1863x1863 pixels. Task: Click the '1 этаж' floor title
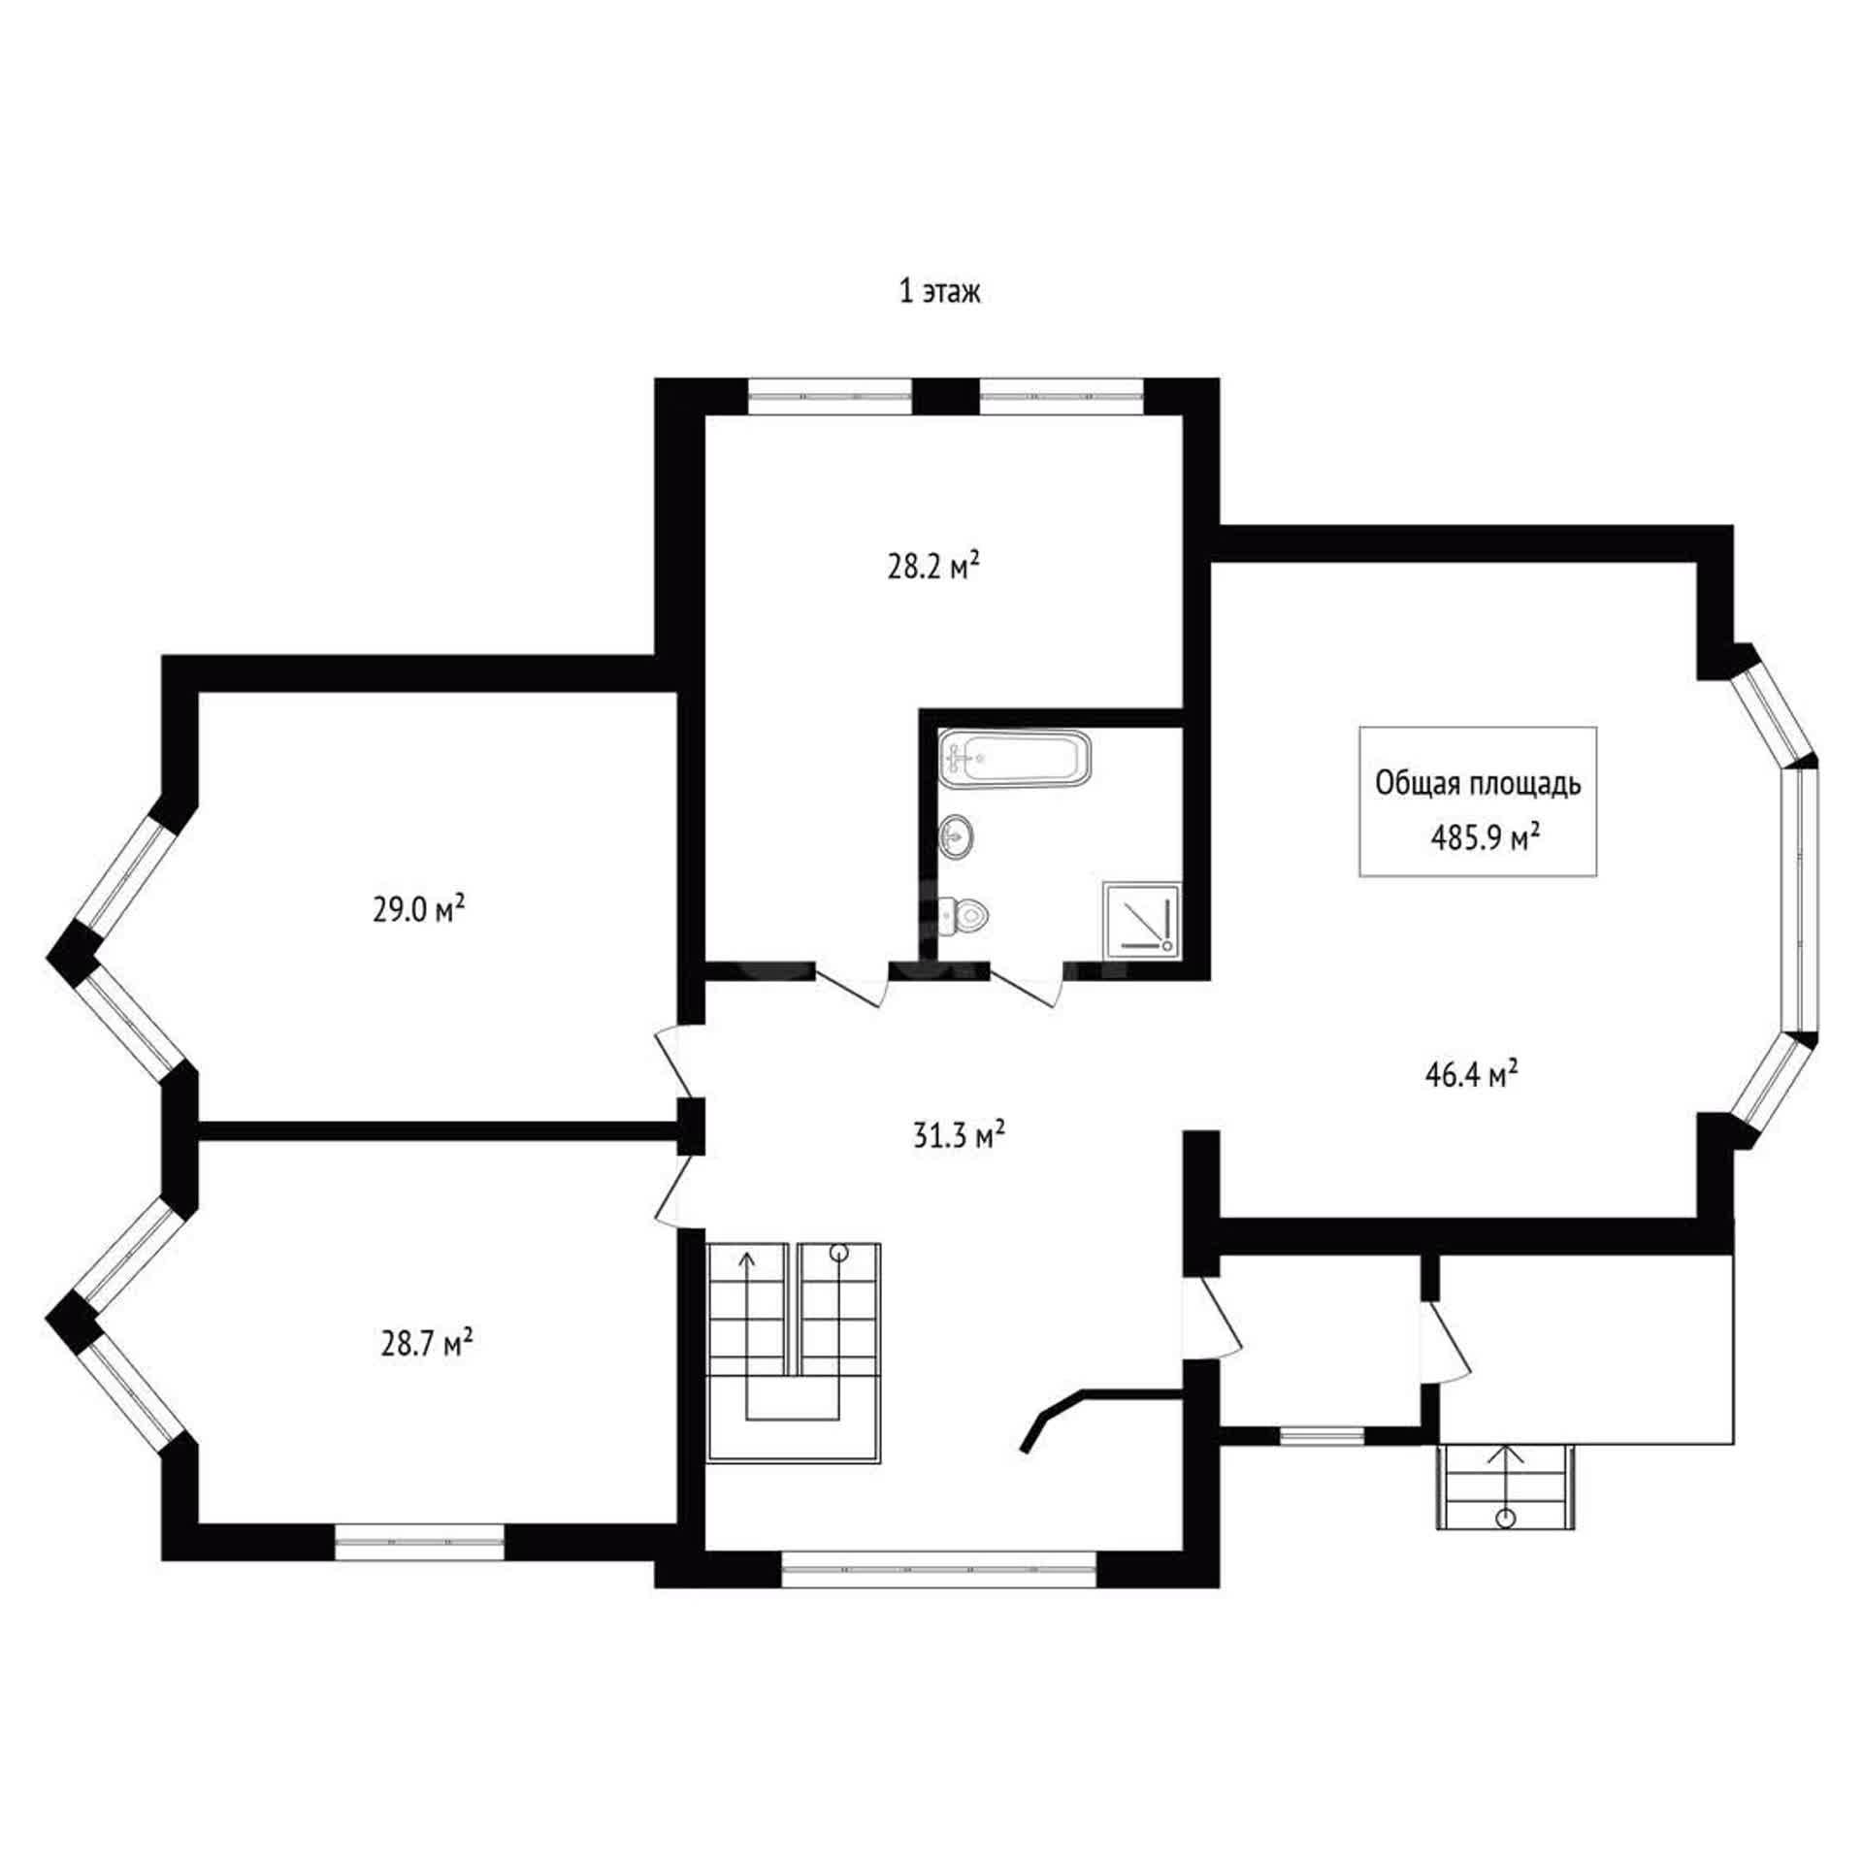click(x=939, y=292)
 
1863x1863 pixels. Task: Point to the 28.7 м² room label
click(x=426, y=1345)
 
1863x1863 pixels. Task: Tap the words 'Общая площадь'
click(x=1478, y=784)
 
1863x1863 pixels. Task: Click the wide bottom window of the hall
click(x=938, y=1568)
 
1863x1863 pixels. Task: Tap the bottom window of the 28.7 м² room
click(x=419, y=1542)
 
